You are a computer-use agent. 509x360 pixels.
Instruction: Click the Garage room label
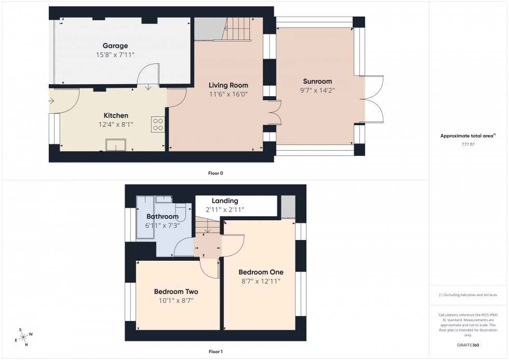pyautogui.click(x=115, y=46)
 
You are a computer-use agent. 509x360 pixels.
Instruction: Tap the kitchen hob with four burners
pyautogui.click(x=158, y=124)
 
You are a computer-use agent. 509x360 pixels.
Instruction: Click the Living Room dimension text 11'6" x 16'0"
pyautogui.click(x=228, y=95)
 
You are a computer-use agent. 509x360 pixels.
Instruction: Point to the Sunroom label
pyautogui.click(x=317, y=82)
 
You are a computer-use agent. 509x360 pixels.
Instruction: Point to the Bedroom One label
pyautogui.click(x=261, y=272)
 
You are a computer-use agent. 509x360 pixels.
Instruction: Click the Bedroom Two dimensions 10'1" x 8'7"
pyautogui.click(x=176, y=300)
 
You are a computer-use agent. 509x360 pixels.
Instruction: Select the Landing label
pyautogui.click(x=224, y=201)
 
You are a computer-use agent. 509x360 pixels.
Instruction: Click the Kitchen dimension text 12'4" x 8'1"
pyautogui.click(x=115, y=124)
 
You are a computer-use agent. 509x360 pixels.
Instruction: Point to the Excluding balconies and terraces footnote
pyautogui.click(x=468, y=295)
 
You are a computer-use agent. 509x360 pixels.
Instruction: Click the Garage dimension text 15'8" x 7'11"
pyautogui.click(x=115, y=55)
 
